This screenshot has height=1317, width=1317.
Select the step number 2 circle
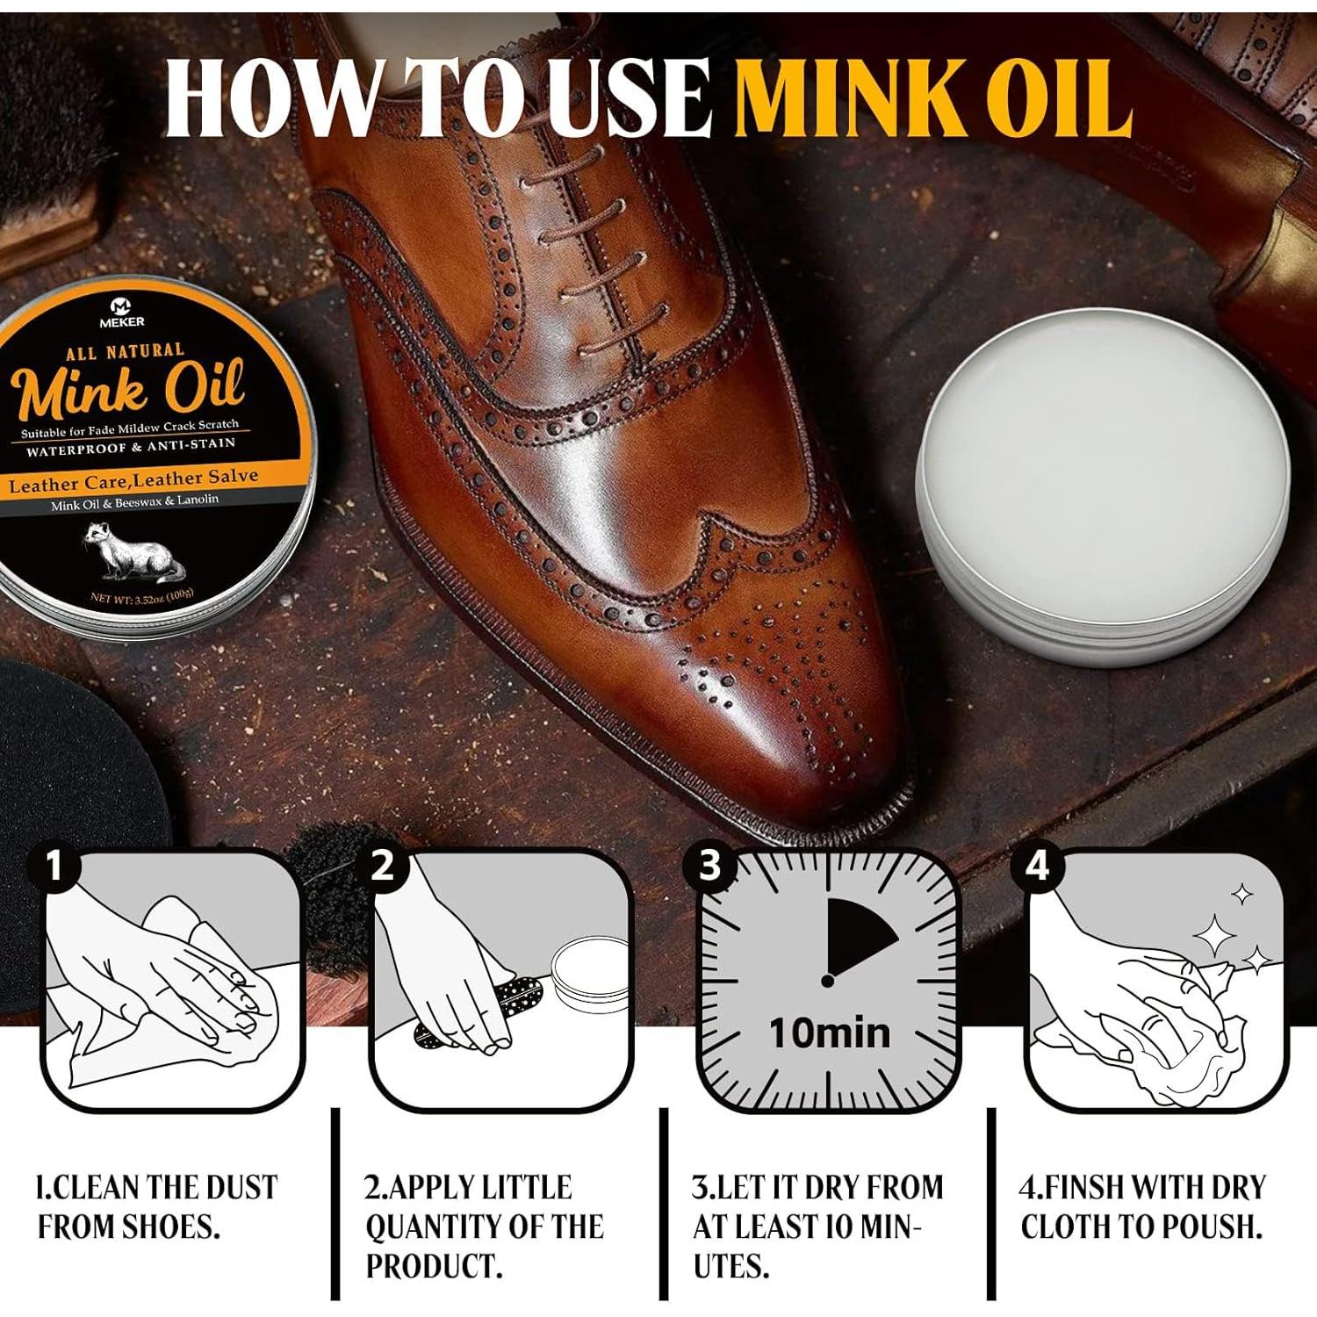[x=383, y=867]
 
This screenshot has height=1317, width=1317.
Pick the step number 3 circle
[x=709, y=867]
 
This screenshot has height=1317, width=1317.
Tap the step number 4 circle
[x=1037, y=867]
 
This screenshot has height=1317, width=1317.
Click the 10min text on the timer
[x=829, y=1033]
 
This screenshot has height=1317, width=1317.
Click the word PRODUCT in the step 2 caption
[x=434, y=1266]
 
